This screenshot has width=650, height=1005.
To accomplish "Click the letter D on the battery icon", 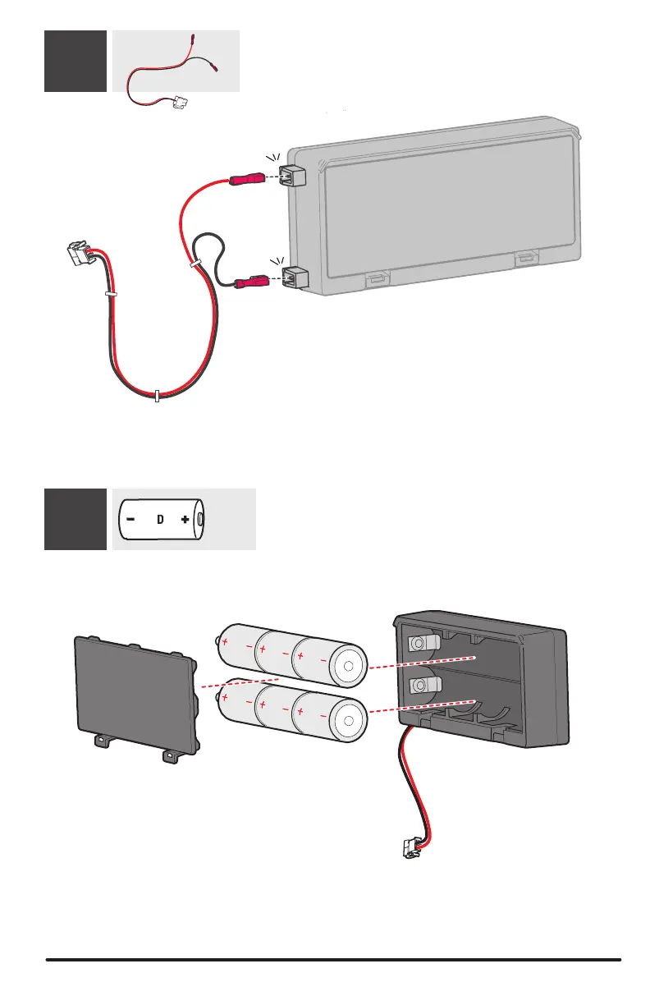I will pos(162,520).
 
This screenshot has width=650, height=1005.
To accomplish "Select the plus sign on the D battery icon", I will pos(186,520).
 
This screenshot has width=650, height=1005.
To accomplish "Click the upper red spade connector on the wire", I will pos(246,178).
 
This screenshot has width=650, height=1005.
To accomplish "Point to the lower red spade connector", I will pos(250,283).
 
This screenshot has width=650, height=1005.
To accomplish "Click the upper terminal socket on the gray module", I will pos(292,175).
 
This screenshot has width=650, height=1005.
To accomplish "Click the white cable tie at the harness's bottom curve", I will pos(158,396).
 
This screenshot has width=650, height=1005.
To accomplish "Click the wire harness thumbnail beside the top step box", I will pos(176,61).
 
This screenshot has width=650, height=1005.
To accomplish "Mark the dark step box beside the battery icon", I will pos(76,519).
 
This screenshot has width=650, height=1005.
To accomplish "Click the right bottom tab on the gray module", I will pos(528,260).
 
